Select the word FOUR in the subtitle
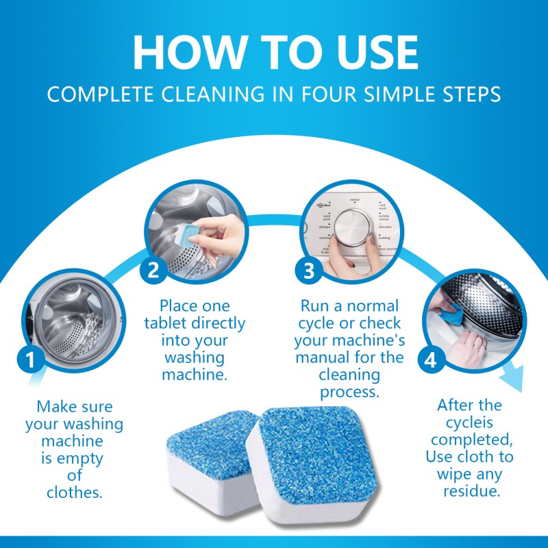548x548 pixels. pos(323,95)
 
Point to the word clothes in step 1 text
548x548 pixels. pos(75,492)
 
